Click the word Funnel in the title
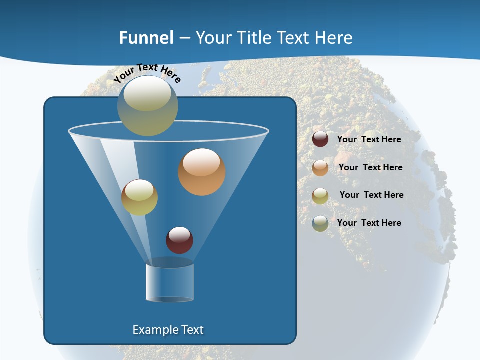(146, 38)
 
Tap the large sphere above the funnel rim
(148, 106)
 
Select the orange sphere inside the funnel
(202, 172)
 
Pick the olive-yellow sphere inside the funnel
(139, 197)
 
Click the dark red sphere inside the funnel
(179, 240)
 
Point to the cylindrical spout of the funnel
(170, 282)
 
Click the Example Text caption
(168, 330)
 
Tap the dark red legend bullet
(320, 139)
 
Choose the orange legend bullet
(320, 168)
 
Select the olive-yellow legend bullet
(320, 196)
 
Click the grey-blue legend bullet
(320, 223)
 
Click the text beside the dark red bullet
(369, 139)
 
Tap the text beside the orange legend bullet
(370, 167)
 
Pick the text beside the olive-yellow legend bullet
(371, 195)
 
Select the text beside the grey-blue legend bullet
(369, 223)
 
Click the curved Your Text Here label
(147, 72)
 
